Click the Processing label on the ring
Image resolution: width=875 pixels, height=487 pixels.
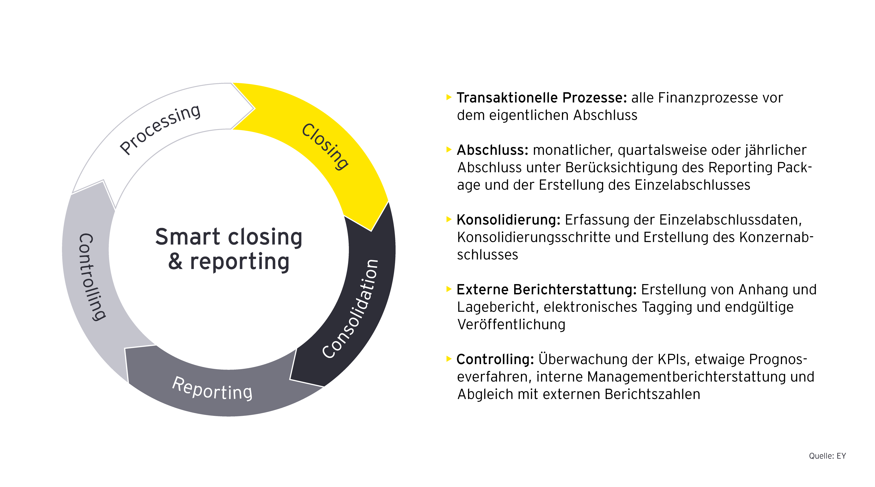(x=160, y=129)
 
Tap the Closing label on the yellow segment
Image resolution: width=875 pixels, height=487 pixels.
(x=325, y=146)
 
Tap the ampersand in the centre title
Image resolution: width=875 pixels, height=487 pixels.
(x=175, y=262)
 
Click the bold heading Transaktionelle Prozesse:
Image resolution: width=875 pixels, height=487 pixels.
(x=541, y=98)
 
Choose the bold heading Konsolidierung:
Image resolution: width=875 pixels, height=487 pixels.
(x=508, y=220)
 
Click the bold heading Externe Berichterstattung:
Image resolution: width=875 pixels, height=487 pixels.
(x=546, y=290)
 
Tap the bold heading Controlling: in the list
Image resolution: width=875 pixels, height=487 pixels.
(x=495, y=359)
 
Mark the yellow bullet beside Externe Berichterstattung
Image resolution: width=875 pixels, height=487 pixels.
(x=449, y=289)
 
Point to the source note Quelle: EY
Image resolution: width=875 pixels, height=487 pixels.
(x=827, y=456)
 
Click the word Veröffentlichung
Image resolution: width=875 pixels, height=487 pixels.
(x=511, y=325)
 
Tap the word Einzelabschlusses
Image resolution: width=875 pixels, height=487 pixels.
(x=692, y=185)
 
